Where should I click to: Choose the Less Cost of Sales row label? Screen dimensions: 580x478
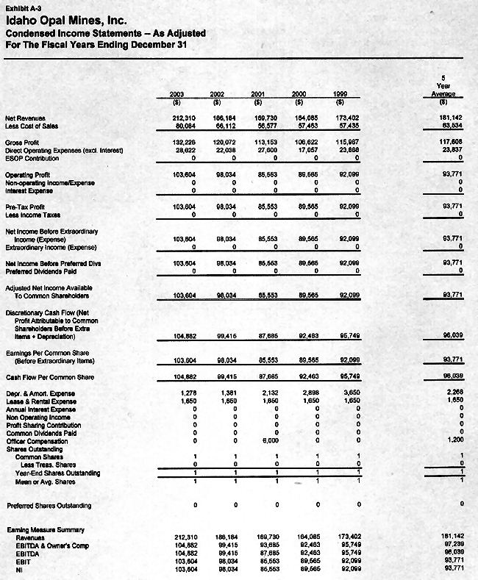pos(32,125)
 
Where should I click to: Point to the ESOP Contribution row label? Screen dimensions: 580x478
pos(33,157)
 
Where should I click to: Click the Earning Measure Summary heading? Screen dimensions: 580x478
pos(46,529)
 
